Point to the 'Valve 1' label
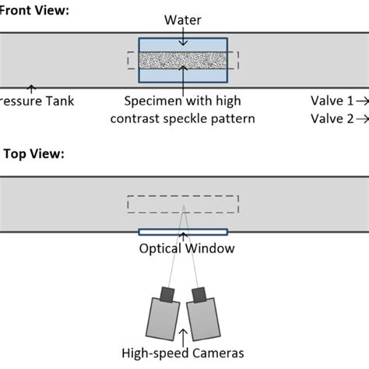point(331,101)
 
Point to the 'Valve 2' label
point(331,118)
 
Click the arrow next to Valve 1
point(363,101)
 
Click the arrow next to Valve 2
point(363,118)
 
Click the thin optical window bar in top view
point(183,232)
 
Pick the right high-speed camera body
point(204,318)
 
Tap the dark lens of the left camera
point(167,293)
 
